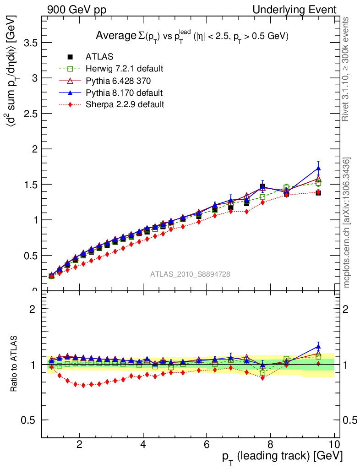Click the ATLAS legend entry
point(99,57)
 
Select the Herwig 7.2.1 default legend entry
point(124,69)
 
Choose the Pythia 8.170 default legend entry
point(124,93)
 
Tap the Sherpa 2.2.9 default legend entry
point(125,104)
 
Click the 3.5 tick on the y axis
point(31,43)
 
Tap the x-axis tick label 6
point(207,444)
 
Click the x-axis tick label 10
point(334,444)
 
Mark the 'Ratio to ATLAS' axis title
point(15,364)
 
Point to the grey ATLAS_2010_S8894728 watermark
point(190,274)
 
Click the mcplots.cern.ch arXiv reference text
point(347,223)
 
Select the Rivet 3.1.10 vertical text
point(347,69)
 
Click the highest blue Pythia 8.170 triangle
point(318,169)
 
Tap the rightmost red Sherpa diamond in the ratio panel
point(318,364)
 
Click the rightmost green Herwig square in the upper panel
point(318,183)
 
